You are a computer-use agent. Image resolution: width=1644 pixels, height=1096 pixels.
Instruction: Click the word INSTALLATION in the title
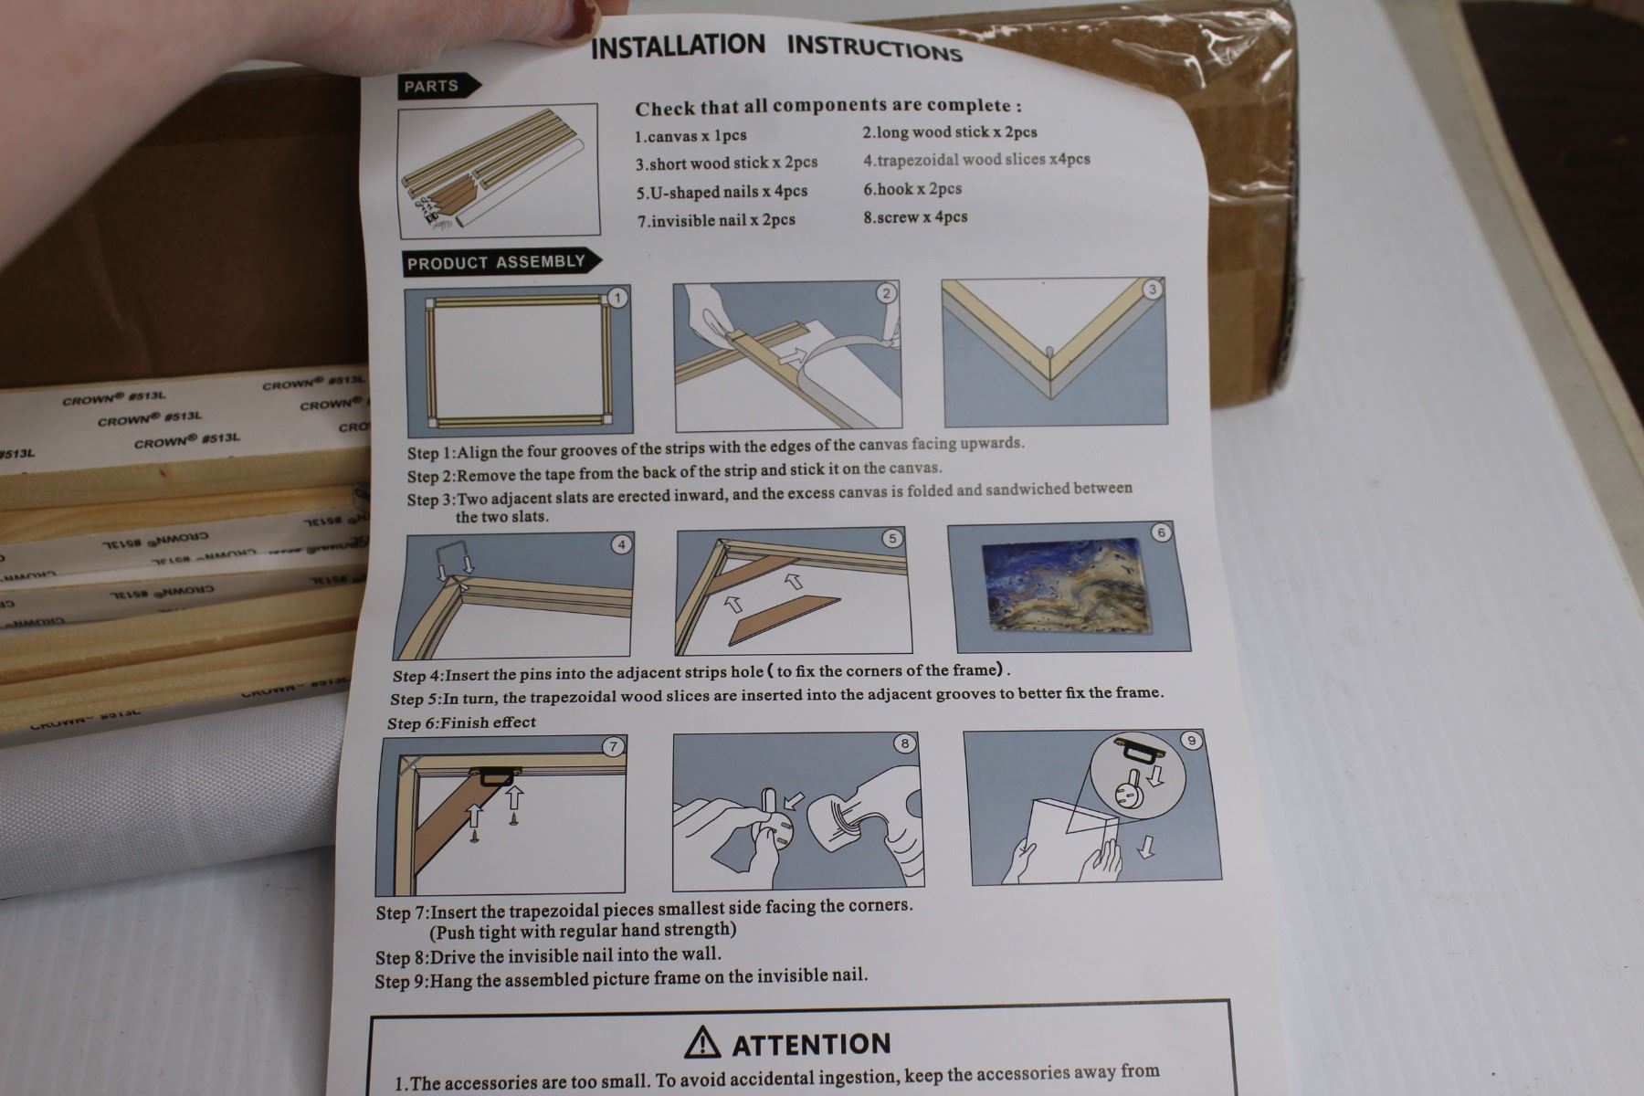[678, 46]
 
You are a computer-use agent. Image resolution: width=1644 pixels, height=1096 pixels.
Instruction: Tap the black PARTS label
[436, 87]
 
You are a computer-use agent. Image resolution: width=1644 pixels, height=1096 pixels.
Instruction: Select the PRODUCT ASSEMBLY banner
[500, 263]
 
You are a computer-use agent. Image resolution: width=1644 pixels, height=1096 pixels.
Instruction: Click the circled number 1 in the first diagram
[618, 298]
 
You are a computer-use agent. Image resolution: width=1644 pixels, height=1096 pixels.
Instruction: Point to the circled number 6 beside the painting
[1161, 532]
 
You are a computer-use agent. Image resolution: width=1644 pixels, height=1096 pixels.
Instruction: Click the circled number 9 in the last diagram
[1190, 741]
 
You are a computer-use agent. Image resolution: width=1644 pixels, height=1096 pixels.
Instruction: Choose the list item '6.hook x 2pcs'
[912, 189]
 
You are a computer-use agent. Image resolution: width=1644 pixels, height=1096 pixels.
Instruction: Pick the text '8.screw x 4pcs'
[915, 217]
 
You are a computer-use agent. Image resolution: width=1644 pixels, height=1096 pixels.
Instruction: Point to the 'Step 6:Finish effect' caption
[461, 722]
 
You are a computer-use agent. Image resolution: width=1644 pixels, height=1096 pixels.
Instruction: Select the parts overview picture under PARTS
[499, 169]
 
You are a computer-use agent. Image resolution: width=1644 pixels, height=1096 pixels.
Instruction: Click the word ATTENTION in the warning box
[811, 1044]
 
